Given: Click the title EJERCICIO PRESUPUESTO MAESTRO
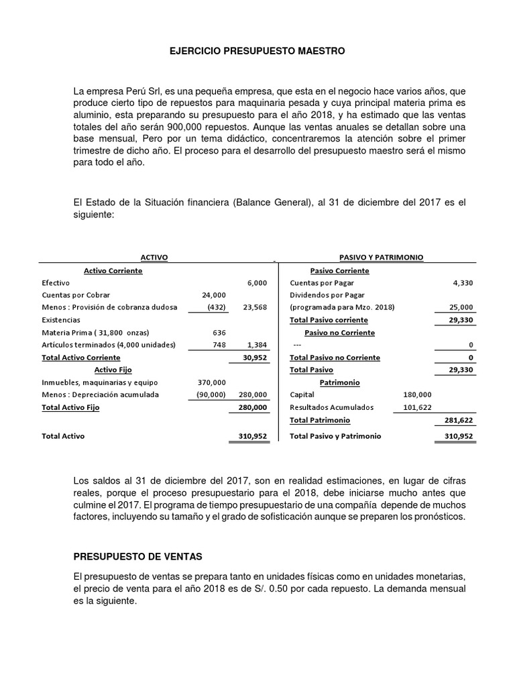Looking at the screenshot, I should (257, 50).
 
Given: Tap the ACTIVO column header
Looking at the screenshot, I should (154, 258).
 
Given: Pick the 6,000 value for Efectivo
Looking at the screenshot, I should (257, 283).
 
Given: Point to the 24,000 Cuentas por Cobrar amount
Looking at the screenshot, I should (214, 295).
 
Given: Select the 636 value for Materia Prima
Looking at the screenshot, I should (219, 333).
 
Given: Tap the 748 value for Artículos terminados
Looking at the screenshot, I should (219, 345).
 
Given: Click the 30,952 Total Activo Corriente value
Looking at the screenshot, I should (255, 358).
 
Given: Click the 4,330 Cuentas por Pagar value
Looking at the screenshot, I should (463, 283).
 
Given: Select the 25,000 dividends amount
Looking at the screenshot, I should (461, 307).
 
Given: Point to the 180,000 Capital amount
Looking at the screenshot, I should (417, 394).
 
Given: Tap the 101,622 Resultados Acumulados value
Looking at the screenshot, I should (417, 407).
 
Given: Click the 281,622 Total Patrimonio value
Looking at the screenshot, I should (459, 420).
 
